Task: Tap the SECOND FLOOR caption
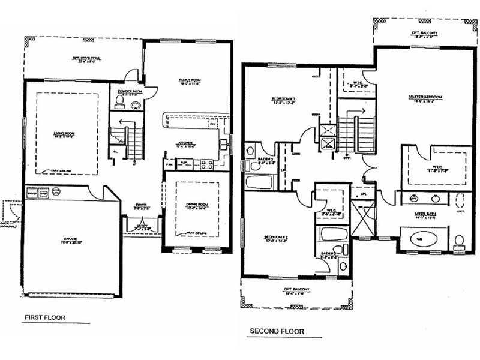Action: (277, 331)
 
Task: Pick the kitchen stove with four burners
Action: (207, 163)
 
